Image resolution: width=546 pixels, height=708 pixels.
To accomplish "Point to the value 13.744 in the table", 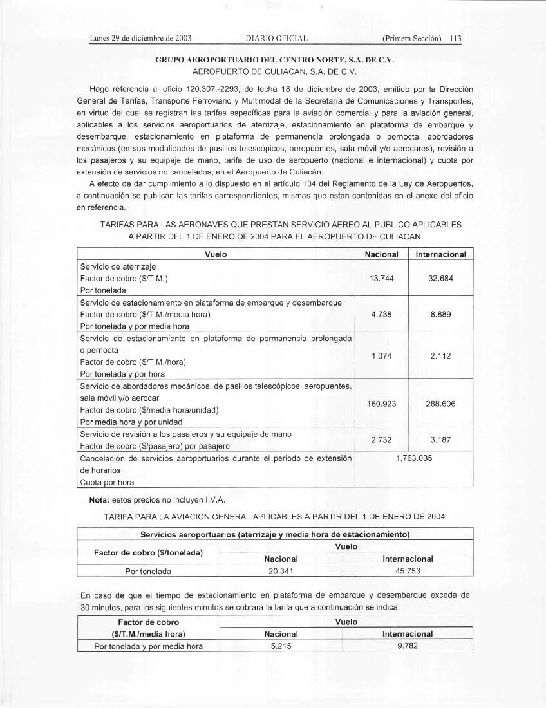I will click(382, 279).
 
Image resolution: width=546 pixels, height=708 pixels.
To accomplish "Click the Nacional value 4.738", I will click(382, 314).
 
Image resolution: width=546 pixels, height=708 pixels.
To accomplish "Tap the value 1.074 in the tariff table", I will click(382, 356).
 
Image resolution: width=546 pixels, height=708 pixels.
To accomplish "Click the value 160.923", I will click(382, 404).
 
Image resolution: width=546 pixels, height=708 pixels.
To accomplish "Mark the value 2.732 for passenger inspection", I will click(382, 440).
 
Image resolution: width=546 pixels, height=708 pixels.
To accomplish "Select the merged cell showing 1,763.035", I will click(414, 460).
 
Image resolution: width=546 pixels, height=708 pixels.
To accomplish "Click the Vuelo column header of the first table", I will click(215, 254).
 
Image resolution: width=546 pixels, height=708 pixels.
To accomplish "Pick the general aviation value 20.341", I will click(281, 571).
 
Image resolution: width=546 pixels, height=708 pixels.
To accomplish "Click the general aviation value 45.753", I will click(408, 571).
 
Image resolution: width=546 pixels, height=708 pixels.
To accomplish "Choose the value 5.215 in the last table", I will click(281, 646).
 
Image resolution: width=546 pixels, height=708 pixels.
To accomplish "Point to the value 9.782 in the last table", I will click(408, 646).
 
